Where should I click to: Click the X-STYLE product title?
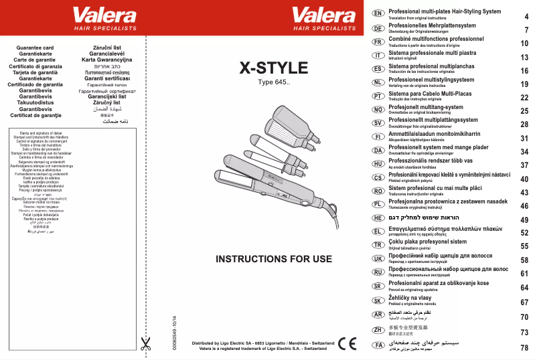[x=274, y=68]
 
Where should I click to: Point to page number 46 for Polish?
[x=524, y=205]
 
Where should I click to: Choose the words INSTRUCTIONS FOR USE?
[x=274, y=258]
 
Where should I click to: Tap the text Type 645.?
[x=274, y=83]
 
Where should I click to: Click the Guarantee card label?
[x=34, y=49]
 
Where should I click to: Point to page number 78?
[x=524, y=347]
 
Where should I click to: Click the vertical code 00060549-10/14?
[x=175, y=332]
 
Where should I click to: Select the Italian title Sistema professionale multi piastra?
[x=433, y=53]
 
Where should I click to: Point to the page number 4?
[x=526, y=16]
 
